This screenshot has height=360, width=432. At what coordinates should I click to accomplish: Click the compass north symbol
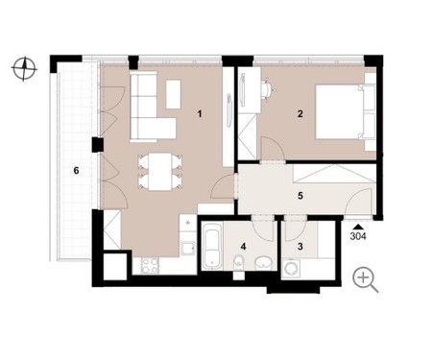click(24, 68)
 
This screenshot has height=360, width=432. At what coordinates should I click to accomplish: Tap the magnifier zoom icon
click(365, 279)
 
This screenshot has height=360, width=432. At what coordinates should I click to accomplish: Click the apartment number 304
click(358, 237)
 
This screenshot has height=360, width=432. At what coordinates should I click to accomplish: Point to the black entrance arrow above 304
click(358, 227)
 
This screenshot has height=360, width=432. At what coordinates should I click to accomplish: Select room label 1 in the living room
click(200, 113)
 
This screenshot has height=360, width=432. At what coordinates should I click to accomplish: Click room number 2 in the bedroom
click(300, 113)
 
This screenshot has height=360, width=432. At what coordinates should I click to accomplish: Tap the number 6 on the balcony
click(76, 171)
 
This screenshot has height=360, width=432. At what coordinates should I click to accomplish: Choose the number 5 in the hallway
click(300, 196)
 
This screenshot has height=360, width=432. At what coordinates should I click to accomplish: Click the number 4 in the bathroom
click(244, 247)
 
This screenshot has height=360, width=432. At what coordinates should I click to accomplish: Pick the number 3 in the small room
click(300, 247)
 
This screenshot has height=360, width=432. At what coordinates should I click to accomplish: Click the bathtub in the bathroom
click(212, 247)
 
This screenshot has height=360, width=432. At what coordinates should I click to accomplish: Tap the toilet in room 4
click(239, 263)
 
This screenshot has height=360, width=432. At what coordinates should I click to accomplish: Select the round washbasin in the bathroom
click(264, 263)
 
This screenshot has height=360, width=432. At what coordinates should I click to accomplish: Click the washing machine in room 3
click(291, 269)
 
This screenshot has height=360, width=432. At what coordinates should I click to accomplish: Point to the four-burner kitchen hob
click(150, 266)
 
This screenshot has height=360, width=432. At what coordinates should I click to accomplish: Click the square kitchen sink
click(188, 248)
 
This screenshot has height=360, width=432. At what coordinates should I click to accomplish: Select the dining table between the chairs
click(160, 172)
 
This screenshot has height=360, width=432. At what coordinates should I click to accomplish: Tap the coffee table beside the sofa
click(174, 94)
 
